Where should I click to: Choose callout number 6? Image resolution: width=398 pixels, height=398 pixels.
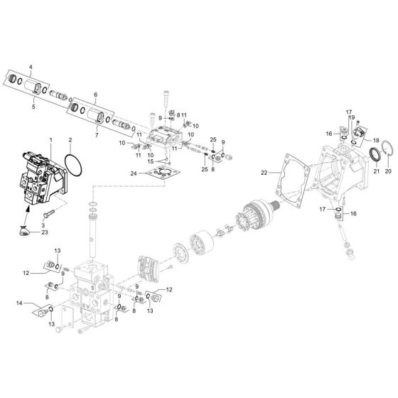tap(96, 94)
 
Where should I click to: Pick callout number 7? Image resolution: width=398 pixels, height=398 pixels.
tap(98, 135)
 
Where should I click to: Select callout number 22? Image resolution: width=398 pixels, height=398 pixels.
tap(264, 173)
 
